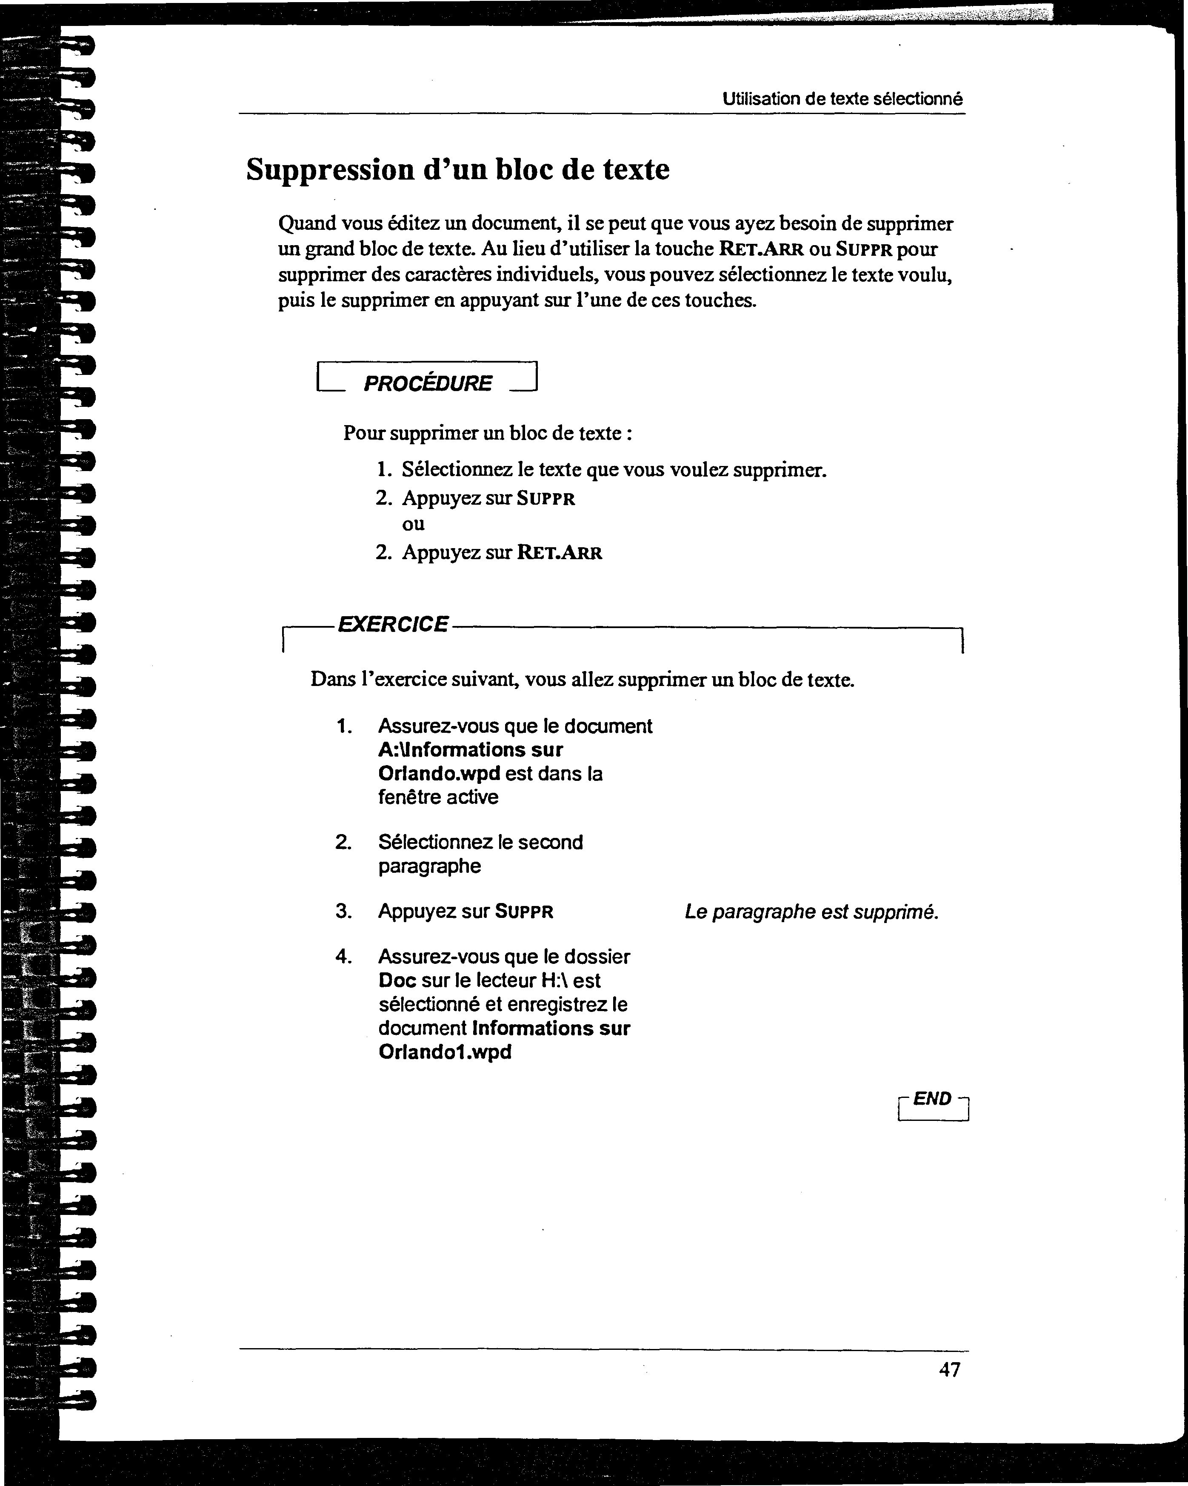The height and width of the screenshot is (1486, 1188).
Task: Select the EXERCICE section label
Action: [x=393, y=624]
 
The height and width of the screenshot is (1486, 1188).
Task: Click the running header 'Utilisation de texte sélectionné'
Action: [x=842, y=99]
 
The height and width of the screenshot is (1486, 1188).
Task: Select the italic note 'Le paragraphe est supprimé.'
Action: [x=811, y=912]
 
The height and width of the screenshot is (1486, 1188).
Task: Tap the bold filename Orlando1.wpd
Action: [x=445, y=1052]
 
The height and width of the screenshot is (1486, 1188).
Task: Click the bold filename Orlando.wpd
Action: [x=439, y=773]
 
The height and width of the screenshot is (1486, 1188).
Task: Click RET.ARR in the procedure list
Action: [x=560, y=553]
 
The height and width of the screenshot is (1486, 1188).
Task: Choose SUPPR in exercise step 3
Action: [x=524, y=912]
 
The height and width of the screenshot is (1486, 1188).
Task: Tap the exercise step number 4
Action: [x=343, y=957]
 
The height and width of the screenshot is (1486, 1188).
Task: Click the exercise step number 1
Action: [x=344, y=726]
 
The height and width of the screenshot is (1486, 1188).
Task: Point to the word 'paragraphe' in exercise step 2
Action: [x=429, y=866]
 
